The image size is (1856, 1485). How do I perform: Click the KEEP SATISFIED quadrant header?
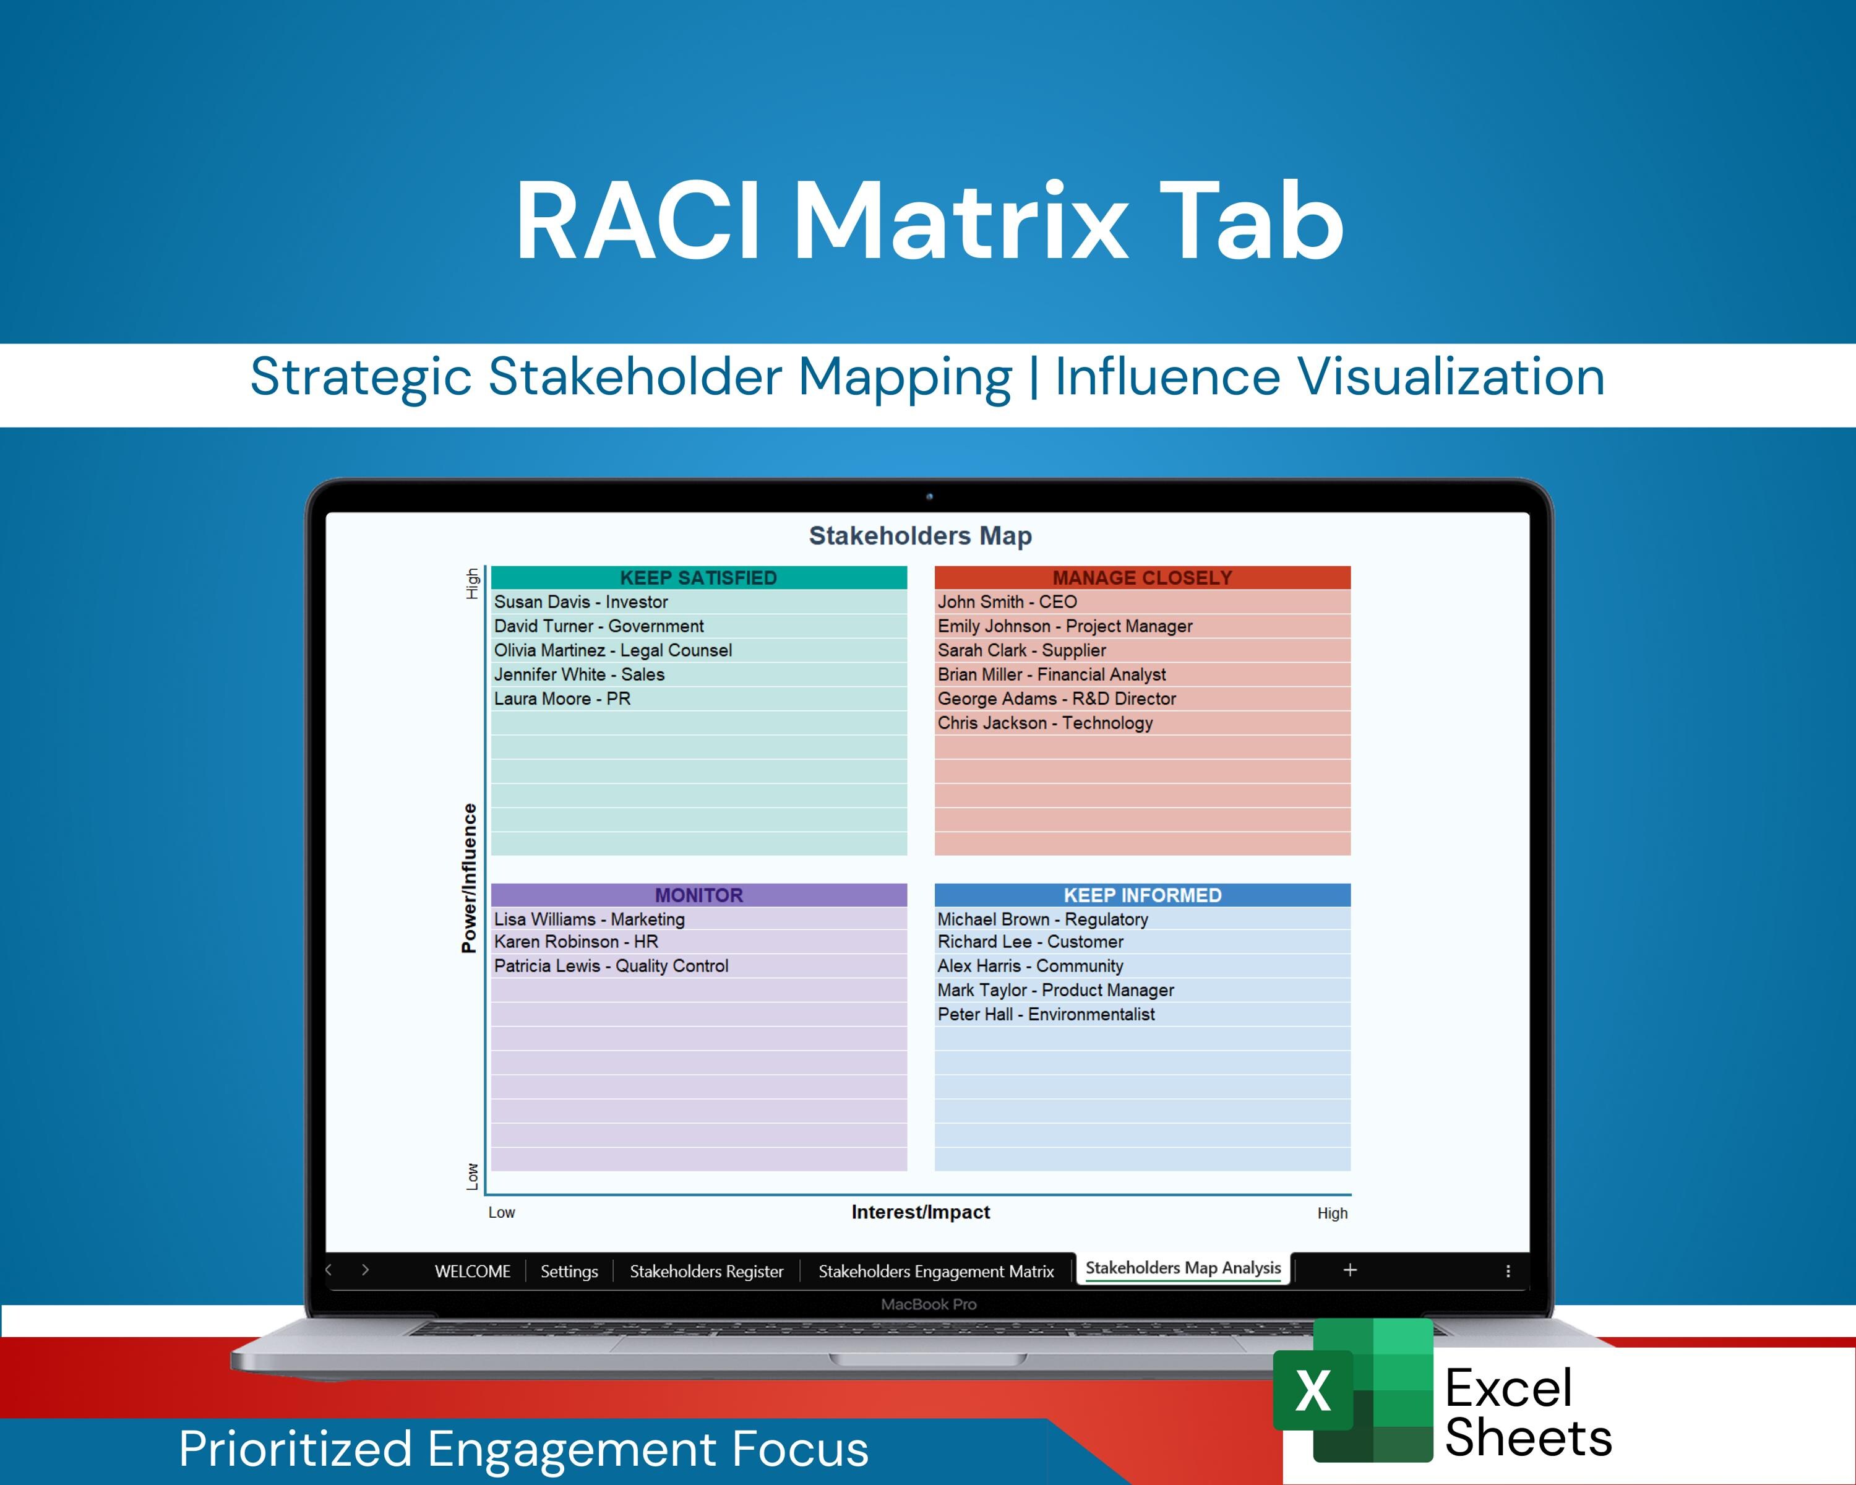(x=698, y=578)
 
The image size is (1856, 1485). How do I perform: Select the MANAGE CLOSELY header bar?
(x=1142, y=578)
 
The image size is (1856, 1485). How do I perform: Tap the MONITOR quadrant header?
(x=698, y=895)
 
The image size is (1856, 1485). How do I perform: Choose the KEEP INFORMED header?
(x=1142, y=895)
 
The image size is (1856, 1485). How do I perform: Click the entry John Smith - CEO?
(x=1007, y=602)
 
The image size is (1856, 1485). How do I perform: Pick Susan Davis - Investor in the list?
(x=581, y=602)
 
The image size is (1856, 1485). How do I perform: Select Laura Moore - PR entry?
(x=562, y=699)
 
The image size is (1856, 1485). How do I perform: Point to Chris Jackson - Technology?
(x=1045, y=723)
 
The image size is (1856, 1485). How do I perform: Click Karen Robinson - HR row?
(x=576, y=942)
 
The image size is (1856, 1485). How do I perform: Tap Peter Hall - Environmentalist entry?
(x=1046, y=1014)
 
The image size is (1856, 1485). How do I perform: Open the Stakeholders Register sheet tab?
(x=706, y=1272)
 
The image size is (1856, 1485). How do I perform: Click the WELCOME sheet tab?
(x=473, y=1272)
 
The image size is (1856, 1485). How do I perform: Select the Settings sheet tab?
(x=569, y=1272)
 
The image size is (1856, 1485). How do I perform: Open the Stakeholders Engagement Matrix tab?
(x=936, y=1272)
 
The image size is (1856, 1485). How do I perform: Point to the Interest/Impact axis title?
(x=920, y=1212)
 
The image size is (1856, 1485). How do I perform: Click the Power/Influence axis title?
(x=469, y=878)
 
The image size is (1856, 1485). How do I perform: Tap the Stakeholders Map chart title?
(x=920, y=535)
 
